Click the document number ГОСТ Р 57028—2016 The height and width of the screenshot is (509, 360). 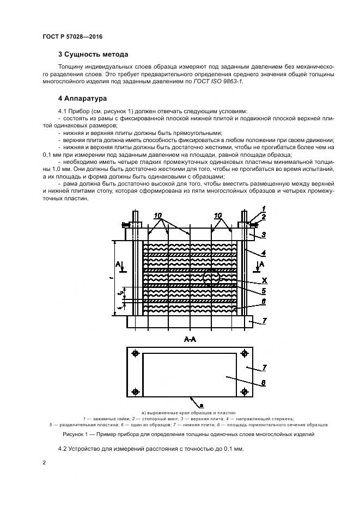[x=72, y=36]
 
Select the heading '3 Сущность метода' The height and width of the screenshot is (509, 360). [x=93, y=54]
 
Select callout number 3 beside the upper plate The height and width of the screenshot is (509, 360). [x=264, y=234]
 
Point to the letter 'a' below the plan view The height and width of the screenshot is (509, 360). [x=202, y=405]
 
